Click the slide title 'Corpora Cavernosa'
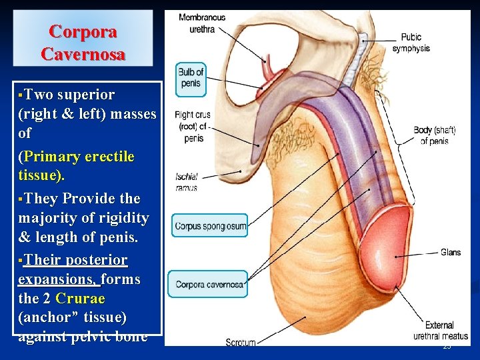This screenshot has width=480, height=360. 83,43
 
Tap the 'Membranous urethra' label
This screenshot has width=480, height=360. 203,23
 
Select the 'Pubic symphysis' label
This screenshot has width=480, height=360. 411,43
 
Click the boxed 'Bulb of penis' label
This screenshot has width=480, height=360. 191,79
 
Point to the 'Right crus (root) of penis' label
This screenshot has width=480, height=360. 193,127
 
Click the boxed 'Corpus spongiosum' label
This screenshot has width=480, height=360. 210,227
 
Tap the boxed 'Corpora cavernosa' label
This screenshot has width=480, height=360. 209,285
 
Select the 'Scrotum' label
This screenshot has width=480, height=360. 240,342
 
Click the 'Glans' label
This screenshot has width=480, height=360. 450,253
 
